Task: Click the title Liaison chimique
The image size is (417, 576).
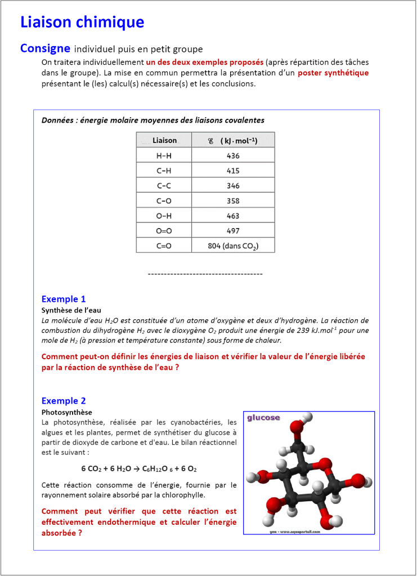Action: tap(82, 23)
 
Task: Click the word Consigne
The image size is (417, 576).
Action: tap(45, 48)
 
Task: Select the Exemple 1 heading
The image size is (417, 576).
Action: tap(64, 299)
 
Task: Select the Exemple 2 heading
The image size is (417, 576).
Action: tap(64, 401)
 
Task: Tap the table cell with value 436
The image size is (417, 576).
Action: tap(233, 156)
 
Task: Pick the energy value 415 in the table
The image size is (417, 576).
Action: tap(233, 171)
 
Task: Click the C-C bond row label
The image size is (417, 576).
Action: tap(164, 186)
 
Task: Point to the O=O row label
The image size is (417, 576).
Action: tap(164, 231)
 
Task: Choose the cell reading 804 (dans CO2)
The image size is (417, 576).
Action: tap(233, 246)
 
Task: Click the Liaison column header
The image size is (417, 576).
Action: tap(164, 140)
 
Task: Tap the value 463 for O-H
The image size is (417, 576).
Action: tap(233, 216)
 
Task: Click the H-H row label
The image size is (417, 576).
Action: tap(164, 156)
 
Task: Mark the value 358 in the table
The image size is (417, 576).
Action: tap(233, 201)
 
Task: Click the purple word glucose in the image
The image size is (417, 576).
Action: tap(263, 418)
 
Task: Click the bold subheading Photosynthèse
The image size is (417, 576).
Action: tap(67, 412)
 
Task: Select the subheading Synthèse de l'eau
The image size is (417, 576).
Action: tap(71, 310)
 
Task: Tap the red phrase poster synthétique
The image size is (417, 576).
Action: tap(333, 73)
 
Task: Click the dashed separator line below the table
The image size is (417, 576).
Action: tap(205, 274)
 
